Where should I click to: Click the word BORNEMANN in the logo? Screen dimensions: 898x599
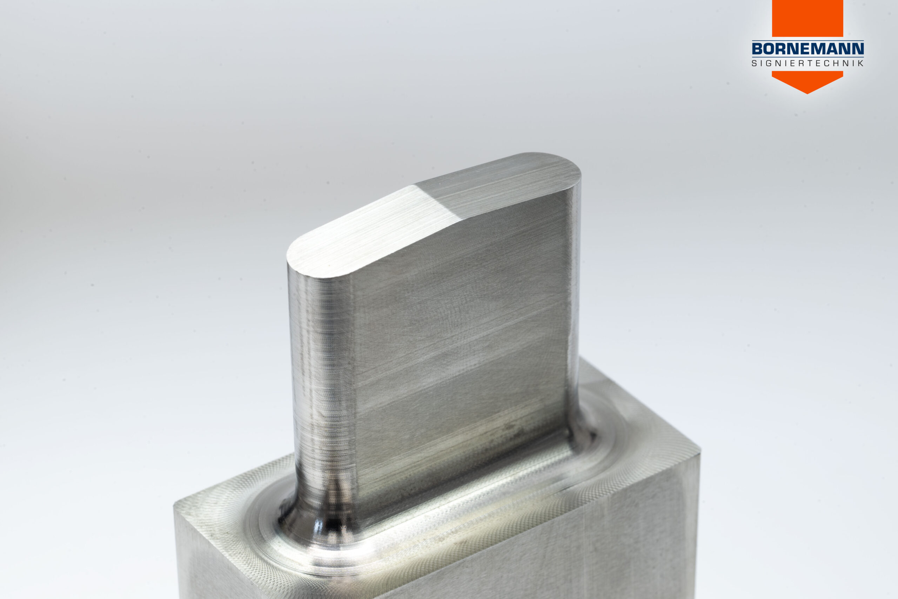click(x=807, y=48)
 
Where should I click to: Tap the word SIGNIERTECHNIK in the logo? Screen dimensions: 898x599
click(x=807, y=63)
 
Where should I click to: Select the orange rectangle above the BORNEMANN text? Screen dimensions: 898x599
click(x=807, y=18)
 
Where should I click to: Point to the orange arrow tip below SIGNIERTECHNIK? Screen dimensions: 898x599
click(x=807, y=93)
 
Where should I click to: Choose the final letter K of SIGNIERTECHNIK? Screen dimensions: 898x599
click(x=860, y=63)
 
